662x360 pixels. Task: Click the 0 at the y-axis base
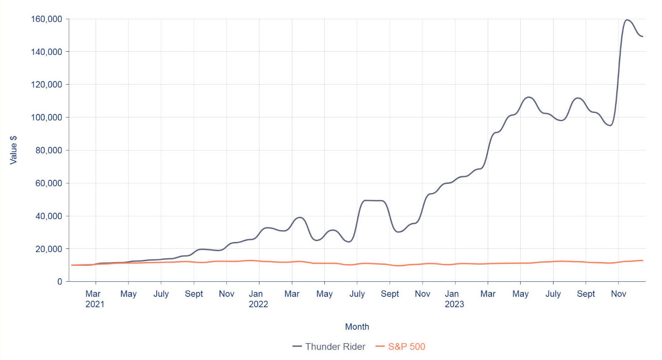click(59, 282)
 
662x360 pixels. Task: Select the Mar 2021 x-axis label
click(95, 299)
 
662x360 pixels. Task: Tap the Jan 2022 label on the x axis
click(258, 299)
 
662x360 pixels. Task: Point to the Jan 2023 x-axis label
click(454, 299)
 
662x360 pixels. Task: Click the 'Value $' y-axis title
click(13, 150)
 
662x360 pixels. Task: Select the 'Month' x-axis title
click(357, 327)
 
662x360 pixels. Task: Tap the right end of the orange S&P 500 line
click(643, 260)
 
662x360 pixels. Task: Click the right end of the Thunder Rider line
click(643, 36)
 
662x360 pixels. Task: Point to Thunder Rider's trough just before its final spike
click(610, 125)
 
